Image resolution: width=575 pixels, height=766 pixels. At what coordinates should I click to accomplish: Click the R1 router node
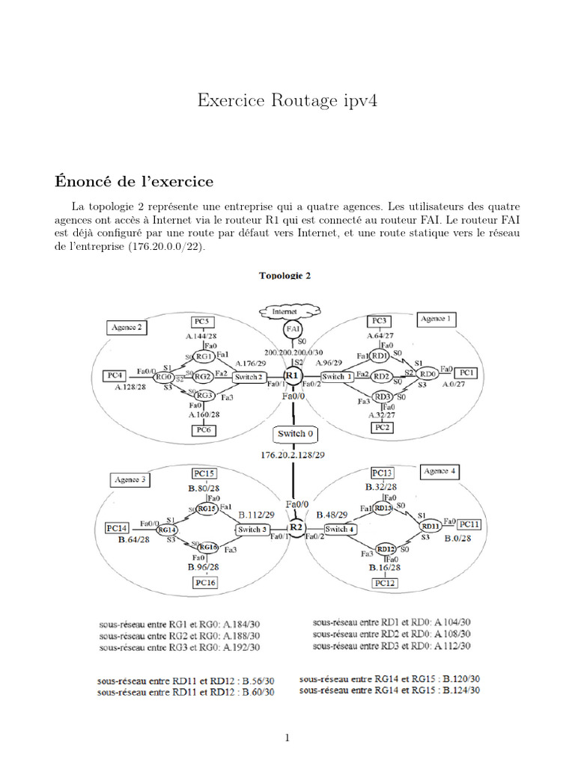click(292, 376)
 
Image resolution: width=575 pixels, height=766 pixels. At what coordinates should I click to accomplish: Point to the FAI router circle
click(293, 329)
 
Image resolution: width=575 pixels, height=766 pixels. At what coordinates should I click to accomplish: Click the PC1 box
click(466, 372)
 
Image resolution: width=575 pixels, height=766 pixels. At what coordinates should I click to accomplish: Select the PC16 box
click(204, 583)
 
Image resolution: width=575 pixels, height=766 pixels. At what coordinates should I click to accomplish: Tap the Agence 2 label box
click(127, 328)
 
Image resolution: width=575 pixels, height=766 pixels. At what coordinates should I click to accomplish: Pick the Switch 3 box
click(252, 530)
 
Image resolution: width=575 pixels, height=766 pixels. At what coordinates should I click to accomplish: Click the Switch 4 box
click(338, 530)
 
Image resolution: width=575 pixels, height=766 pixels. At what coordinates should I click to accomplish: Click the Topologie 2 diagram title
click(285, 275)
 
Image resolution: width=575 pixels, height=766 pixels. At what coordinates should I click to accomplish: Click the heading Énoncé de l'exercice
click(134, 181)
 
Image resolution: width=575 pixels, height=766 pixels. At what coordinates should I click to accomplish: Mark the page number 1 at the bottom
click(287, 738)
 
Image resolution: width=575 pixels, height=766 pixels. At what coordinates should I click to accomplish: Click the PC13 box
click(382, 473)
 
